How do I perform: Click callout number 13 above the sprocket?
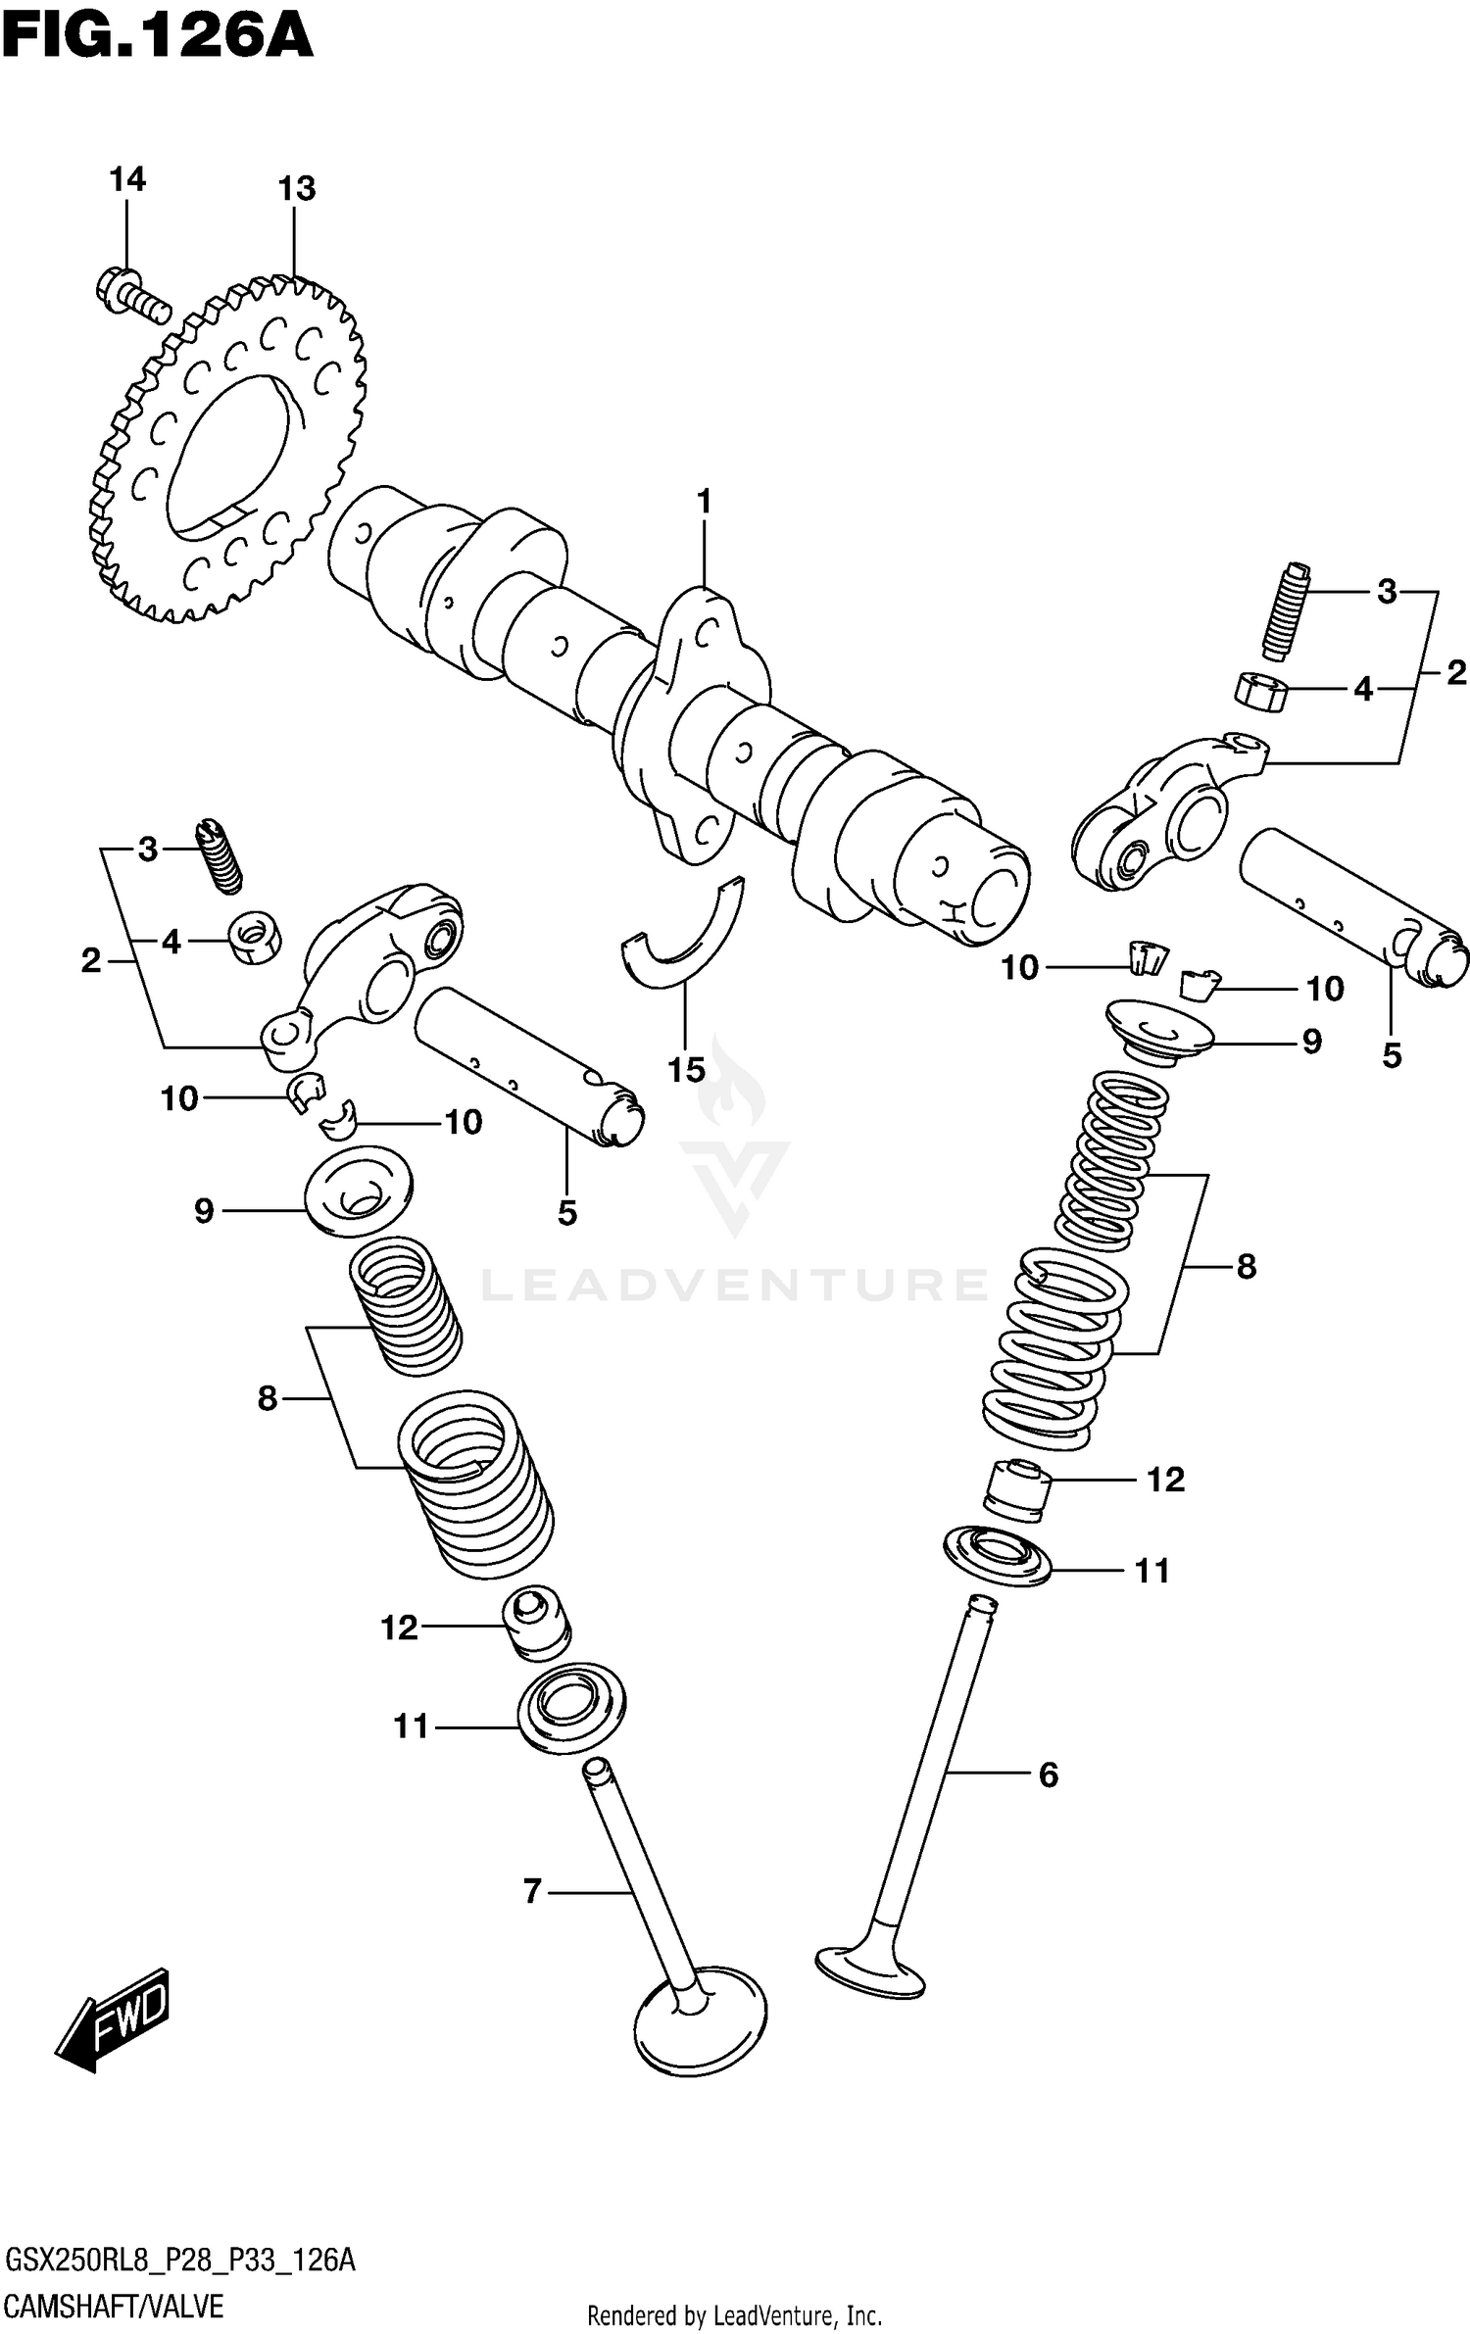pyautogui.click(x=296, y=188)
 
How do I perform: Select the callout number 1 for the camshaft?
pyautogui.click(x=704, y=502)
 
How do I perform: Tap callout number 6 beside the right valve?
pyautogui.click(x=1048, y=1775)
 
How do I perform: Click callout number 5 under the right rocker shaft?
pyautogui.click(x=1392, y=1055)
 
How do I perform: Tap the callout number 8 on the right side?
pyautogui.click(x=1246, y=1267)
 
